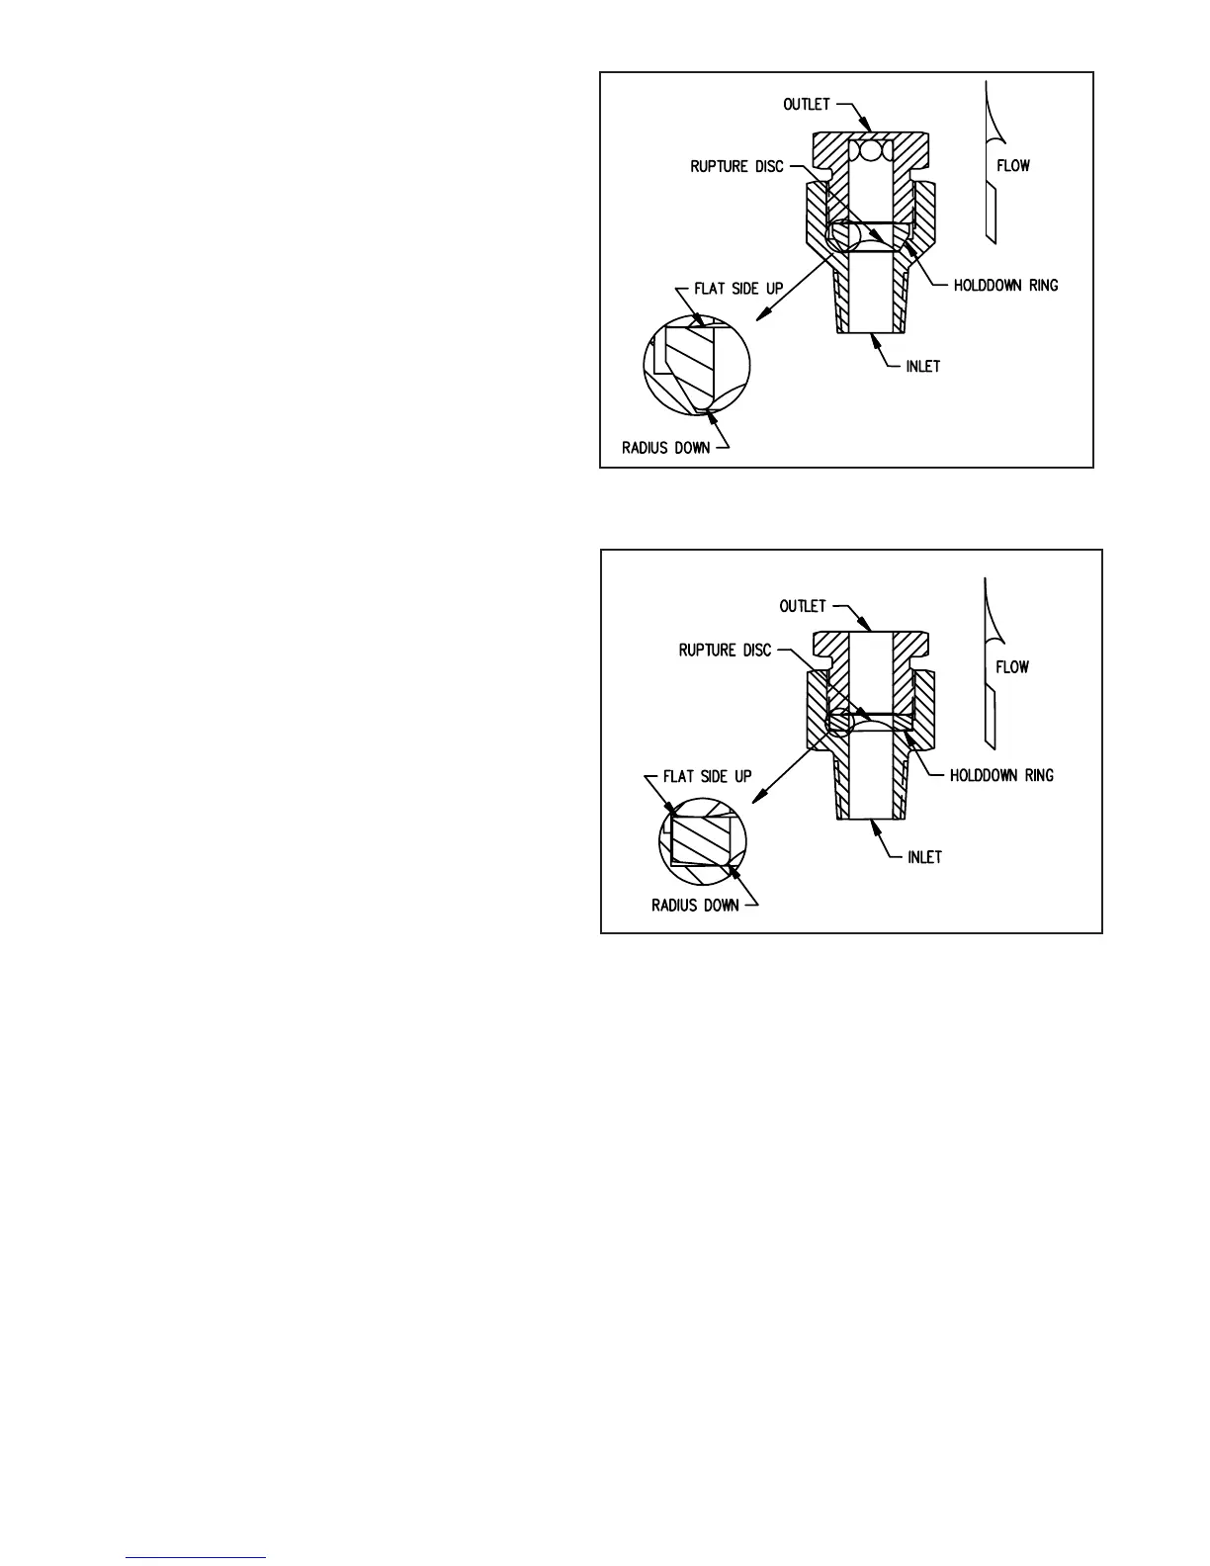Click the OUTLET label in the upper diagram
pyautogui.click(x=807, y=105)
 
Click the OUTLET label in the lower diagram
pyautogui.click(x=802, y=606)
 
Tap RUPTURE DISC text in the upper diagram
pyautogui.click(x=736, y=166)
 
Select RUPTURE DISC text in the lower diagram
pyautogui.click(x=725, y=651)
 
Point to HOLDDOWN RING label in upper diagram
pyautogui.click(x=1005, y=286)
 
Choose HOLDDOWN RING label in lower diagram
pyautogui.click(x=1001, y=775)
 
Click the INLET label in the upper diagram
pyautogui.click(x=923, y=367)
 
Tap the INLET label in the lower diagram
pyautogui.click(x=924, y=857)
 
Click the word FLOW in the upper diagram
pyautogui.click(x=1012, y=166)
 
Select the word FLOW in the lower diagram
pyautogui.click(x=1012, y=667)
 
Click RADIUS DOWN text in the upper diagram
pyautogui.click(x=665, y=448)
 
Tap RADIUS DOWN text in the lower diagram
pyautogui.click(x=695, y=906)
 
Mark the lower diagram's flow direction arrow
pyautogui.click(x=989, y=662)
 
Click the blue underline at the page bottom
pyautogui.click(x=197, y=1558)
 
